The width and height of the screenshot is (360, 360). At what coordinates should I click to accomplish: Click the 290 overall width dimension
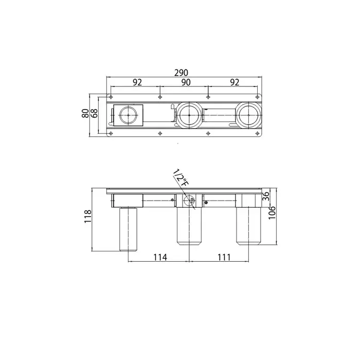181,73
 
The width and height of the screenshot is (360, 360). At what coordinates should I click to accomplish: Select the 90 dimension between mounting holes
186,82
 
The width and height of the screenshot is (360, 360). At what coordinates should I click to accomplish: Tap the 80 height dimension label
85,113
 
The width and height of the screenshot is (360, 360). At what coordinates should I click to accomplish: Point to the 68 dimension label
94,113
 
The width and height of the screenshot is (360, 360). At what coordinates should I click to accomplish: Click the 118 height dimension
88,217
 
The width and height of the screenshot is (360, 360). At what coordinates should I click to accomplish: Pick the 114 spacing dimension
160,257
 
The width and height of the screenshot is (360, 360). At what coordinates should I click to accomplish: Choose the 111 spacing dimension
224,257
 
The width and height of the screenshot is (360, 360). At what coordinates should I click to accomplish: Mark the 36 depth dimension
265,196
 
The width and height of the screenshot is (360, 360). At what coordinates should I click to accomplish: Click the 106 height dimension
272,212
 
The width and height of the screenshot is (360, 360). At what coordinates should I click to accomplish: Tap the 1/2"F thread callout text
181,177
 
